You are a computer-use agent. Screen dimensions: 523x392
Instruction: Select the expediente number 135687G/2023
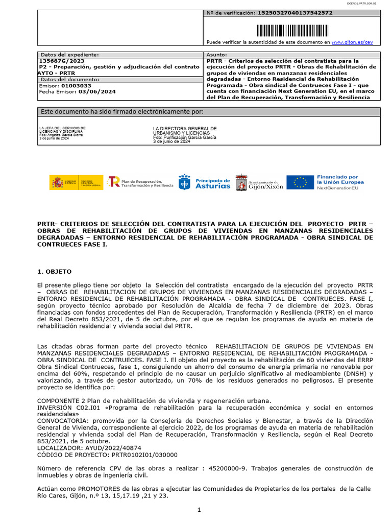click(62, 61)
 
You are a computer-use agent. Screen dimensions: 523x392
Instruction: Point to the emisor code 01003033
click(77, 86)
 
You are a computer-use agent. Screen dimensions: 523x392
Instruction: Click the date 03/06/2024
click(97, 92)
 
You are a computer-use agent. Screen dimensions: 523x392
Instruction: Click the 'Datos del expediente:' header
click(70, 54)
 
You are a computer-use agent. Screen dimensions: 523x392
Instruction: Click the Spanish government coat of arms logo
click(57, 183)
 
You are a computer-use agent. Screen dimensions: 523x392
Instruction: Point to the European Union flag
click(300, 183)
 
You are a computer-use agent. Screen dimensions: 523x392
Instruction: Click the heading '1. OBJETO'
click(55, 271)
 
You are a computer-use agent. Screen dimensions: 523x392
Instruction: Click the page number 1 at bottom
click(200, 510)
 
